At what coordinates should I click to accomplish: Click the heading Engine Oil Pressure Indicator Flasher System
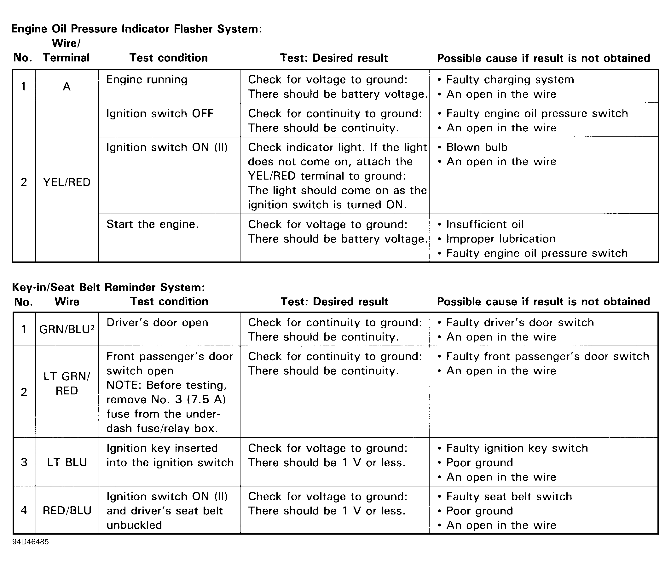(136, 29)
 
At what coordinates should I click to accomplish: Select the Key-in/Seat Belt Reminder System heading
(108, 287)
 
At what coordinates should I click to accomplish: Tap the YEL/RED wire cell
(67, 182)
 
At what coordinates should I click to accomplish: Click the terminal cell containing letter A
(67, 87)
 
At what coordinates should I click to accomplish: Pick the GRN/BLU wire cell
(67, 330)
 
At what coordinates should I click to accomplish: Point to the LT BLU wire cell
(67, 462)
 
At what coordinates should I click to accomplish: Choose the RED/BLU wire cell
(67, 510)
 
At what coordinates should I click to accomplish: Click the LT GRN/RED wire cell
(67, 383)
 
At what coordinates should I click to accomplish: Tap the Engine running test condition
(147, 79)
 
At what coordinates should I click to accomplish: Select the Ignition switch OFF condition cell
(160, 114)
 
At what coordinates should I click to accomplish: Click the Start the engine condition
(152, 224)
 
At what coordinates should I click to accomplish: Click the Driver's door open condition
(157, 323)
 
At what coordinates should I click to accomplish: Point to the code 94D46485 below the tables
(31, 542)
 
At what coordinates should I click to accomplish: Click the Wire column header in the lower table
(67, 302)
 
